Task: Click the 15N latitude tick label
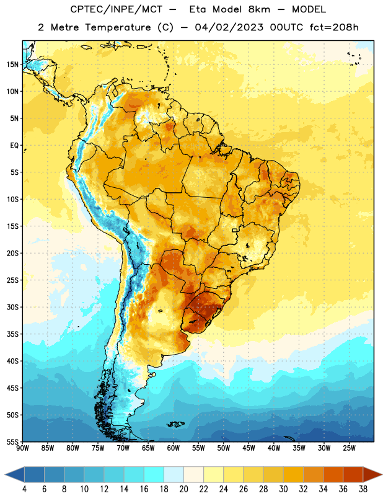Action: pyautogui.click(x=12, y=64)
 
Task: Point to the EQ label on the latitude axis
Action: pyautogui.click(x=14, y=146)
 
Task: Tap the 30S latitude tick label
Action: pyautogui.click(x=12, y=307)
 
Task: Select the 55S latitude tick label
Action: pyautogui.click(x=12, y=441)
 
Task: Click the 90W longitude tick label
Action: pyautogui.click(x=23, y=448)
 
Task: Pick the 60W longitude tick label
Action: pyautogui.click(x=174, y=448)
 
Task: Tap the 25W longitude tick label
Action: pyautogui.click(x=349, y=448)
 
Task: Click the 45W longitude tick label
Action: pyautogui.click(x=249, y=448)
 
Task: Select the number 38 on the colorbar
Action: pyautogui.click(x=363, y=489)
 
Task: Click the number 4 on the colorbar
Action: pyautogui.click(x=24, y=489)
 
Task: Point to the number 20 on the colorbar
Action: pyautogui.click(x=183, y=489)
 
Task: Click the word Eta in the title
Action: pyautogui.click(x=198, y=9)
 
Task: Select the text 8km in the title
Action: pyautogui.click(x=259, y=9)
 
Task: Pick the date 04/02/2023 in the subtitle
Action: pyautogui.click(x=229, y=27)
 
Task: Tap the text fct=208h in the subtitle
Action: pyautogui.click(x=334, y=27)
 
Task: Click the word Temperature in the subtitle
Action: pyautogui.click(x=118, y=27)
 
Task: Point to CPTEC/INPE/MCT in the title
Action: pyautogui.click(x=116, y=9)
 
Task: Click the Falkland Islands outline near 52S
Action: pyautogui.click(x=176, y=424)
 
